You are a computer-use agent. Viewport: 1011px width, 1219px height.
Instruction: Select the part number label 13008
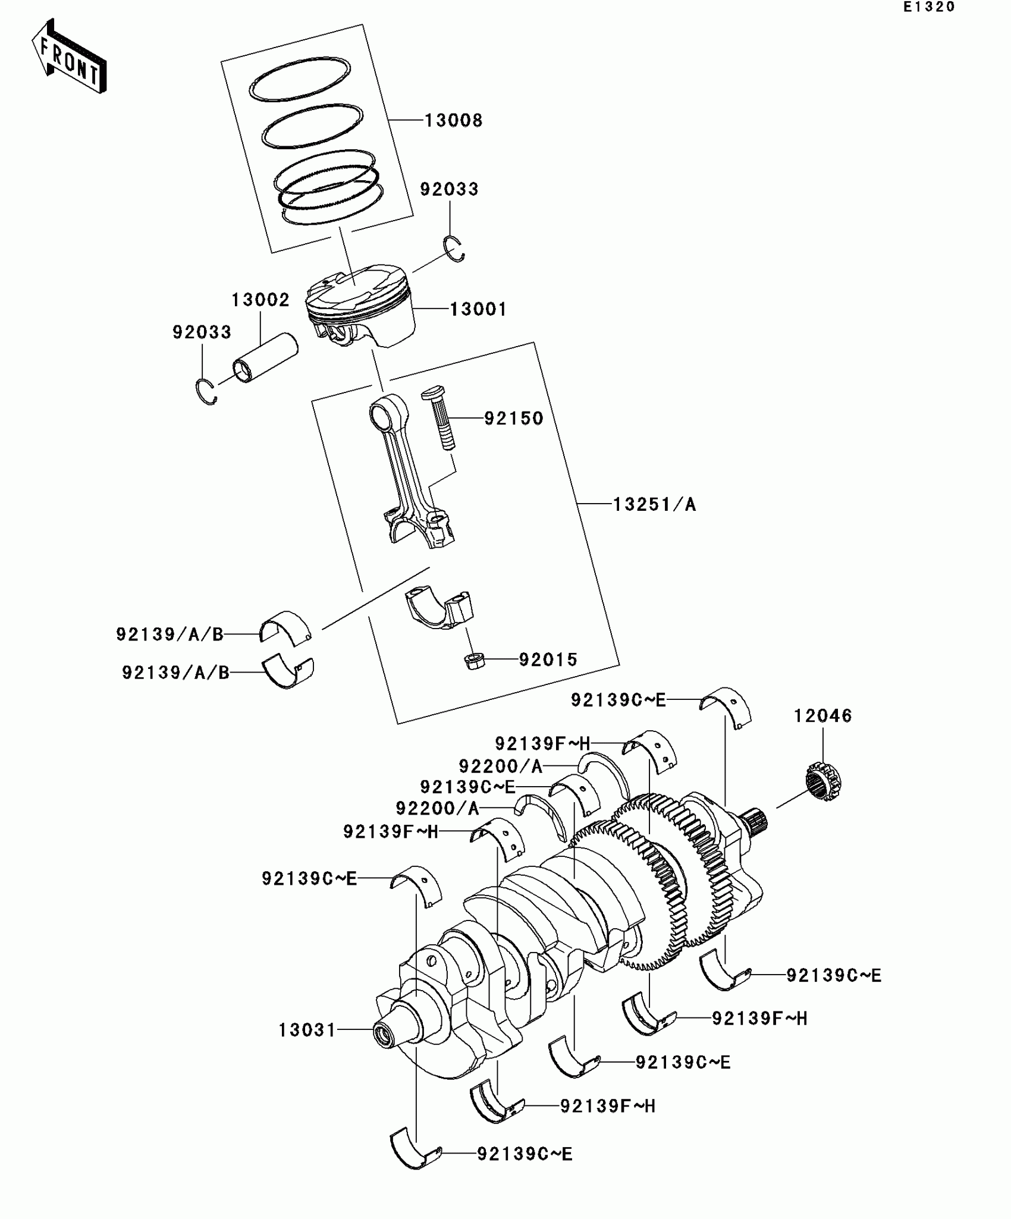[x=453, y=121]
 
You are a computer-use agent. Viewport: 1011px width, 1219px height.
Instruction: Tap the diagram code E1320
[x=928, y=7]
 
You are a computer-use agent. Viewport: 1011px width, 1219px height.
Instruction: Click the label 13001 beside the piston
[x=478, y=309]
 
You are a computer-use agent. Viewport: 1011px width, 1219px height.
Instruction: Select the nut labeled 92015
[x=473, y=661]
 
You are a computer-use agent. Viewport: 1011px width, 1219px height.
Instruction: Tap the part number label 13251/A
[x=654, y=505]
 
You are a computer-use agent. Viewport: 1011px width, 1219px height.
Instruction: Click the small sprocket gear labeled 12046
[x=825, y=781]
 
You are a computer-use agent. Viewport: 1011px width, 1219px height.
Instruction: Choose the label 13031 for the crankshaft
[x=307, y=1029]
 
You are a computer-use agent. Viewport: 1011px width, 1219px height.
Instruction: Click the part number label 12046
[x=822, y=716]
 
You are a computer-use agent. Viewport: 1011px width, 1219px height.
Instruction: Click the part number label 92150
[x=514, y=419]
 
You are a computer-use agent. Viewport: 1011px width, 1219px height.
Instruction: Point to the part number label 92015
[x=548, y=660]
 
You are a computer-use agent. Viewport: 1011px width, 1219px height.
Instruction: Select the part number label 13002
[x=260, y=300]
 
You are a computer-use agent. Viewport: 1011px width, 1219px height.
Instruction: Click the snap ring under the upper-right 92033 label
[x=455, y=249]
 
